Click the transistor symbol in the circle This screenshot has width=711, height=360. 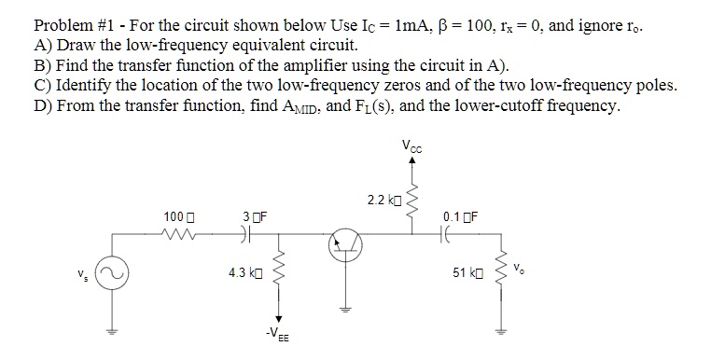(x=343, y=244)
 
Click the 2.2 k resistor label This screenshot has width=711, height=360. (x=383, y=201)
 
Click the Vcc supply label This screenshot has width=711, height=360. (x=411, y=145)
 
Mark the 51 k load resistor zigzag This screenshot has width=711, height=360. (x=505, y=274)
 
